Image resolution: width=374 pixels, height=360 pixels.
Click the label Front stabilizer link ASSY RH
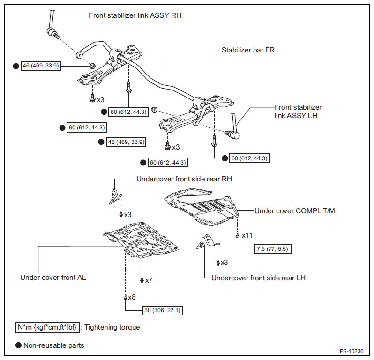[x=135, y=15]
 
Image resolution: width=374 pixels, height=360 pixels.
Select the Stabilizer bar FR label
[x=248, y=50]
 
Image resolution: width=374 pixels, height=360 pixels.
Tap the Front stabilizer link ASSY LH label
[x=298, y=112]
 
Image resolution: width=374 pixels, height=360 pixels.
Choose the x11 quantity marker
[x=247, y=235]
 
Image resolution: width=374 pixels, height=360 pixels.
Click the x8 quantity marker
[x=132, y=297]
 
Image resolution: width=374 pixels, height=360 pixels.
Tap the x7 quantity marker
[x=149, y=280]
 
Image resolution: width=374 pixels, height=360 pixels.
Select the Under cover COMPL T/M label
[x=295, y=211]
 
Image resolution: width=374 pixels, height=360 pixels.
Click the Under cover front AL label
[x=53, y=277]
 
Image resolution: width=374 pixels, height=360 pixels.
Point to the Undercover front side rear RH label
[x=184, y=179]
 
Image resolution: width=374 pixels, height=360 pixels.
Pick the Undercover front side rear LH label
[x=258, y=278]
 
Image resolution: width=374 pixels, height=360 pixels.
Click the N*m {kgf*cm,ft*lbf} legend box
[x=47, y=327]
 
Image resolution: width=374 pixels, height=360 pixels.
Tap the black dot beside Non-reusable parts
[x=18, y=345]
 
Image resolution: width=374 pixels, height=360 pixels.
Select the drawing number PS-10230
[x=352, y=351]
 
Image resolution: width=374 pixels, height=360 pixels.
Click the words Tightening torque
[x=112, y=327]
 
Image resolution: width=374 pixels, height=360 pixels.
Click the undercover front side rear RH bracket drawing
[x=115, y=196]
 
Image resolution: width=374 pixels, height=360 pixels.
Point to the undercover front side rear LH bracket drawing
[x=207, y=241]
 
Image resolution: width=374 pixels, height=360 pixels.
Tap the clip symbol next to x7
[x=142, y=280]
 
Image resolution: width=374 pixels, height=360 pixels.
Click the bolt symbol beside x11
[x=237, y=236]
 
